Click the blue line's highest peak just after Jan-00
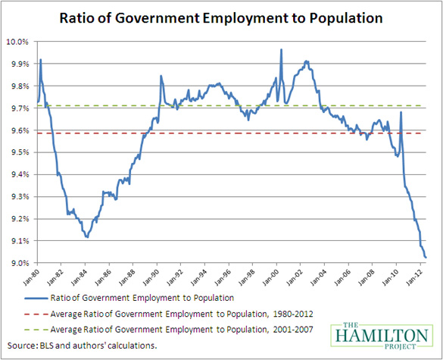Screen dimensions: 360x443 tap(281, 50)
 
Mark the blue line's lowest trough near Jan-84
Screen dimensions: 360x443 tap(88, 237)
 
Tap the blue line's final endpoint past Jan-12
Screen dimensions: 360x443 tap(426, 258)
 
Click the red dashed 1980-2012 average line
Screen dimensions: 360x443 tap(227, 133)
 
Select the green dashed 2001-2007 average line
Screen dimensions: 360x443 tap(227, 105)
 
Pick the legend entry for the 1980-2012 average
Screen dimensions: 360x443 tap(182, 313)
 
